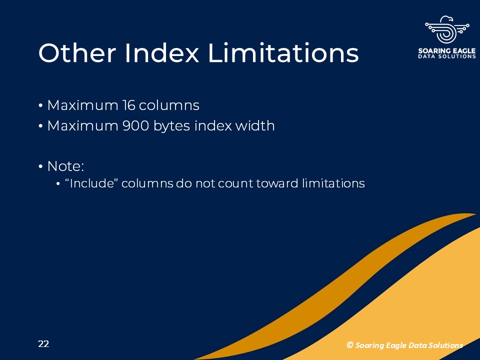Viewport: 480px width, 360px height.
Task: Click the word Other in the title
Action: tap(77, 53)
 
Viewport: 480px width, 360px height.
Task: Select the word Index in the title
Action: tap(162, 53)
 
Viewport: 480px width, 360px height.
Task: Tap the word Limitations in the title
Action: tap(283, 53)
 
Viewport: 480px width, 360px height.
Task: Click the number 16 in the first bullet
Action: tap(128, 105)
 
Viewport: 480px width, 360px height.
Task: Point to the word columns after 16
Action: tap(169, 105)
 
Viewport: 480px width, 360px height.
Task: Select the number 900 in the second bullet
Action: tap(135, 126)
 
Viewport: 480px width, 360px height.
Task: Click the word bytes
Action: tap(171, 126)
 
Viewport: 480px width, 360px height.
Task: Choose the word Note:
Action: tap(65, 166)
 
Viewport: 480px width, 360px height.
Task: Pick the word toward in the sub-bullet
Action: tap(276, 183)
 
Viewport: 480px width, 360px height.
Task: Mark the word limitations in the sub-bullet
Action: tap(333, 183)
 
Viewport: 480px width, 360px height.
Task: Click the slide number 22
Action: tap(43, 344)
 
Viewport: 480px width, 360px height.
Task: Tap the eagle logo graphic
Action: tap(447, 29)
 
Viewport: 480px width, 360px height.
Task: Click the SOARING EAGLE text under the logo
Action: tap(446, 50)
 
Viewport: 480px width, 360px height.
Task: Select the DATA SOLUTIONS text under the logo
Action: tap(446, 56)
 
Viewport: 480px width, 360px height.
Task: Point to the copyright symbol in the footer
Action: tap(349, 345)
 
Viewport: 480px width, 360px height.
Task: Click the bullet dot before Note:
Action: tap(40, 167)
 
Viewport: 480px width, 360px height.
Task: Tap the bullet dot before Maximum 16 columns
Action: tap(40, 106)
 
